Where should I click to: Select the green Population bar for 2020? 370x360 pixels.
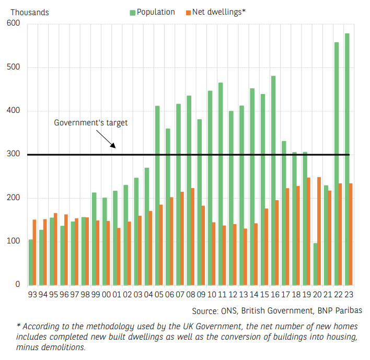(316, 264)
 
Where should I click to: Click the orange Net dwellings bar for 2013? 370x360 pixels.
(246, 257)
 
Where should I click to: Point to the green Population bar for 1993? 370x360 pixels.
(31, 262)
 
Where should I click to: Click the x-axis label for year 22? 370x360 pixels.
(338, 295)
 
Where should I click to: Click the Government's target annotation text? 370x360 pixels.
(91, 123)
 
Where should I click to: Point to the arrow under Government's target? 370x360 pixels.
(105, 138)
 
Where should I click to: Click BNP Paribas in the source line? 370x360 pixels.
(339, 310)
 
